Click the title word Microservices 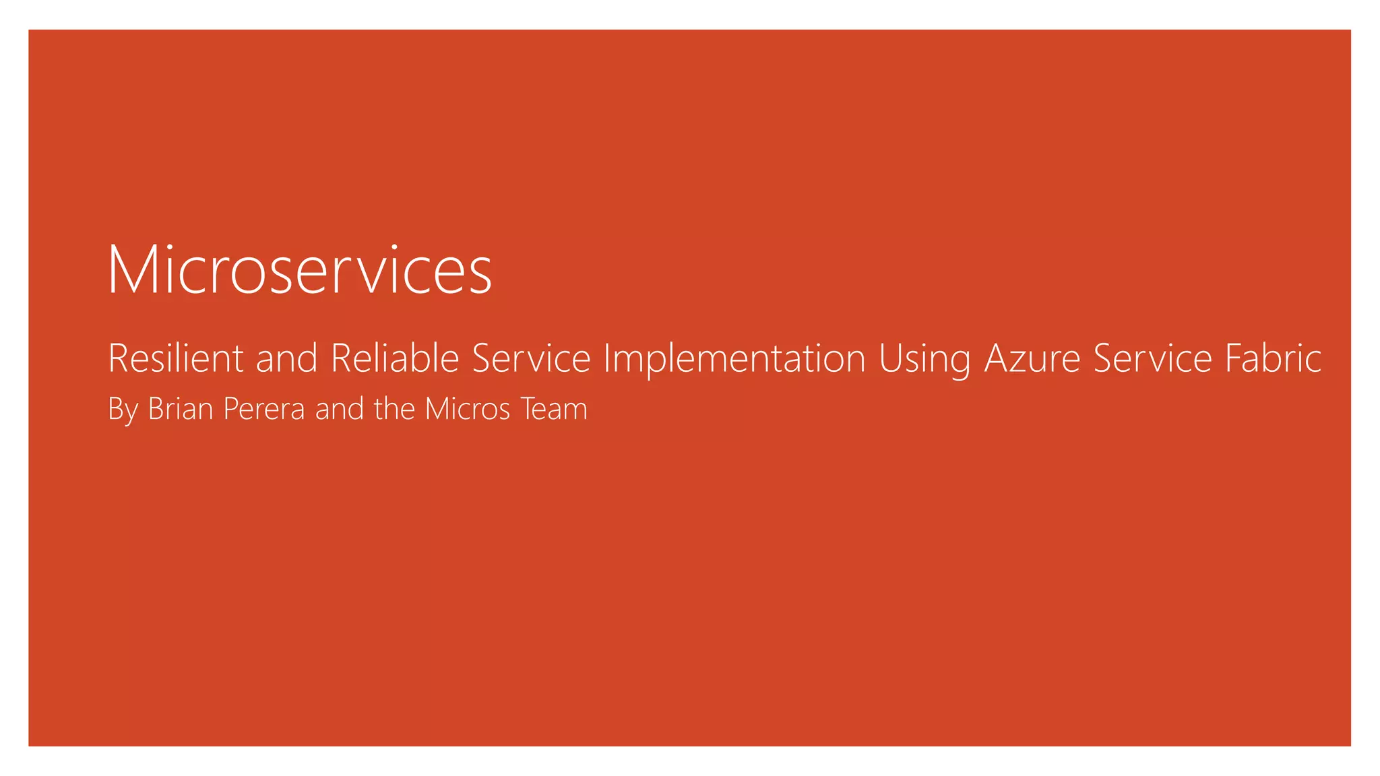pos(299,270)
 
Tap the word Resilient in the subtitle pos(175,358)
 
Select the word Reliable pos(395,358)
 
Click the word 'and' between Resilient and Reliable pos(286,358)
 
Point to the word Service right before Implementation pos(531,358)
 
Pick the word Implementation pos(734,358)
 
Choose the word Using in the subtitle pos(924,359)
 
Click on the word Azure pos(1032,358)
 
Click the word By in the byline pos(123,409)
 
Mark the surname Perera pos(263,410)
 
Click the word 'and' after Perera pos(340,409)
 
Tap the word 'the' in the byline pos(394,408)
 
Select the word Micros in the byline pos(468,408)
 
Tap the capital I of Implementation pos(606,358)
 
